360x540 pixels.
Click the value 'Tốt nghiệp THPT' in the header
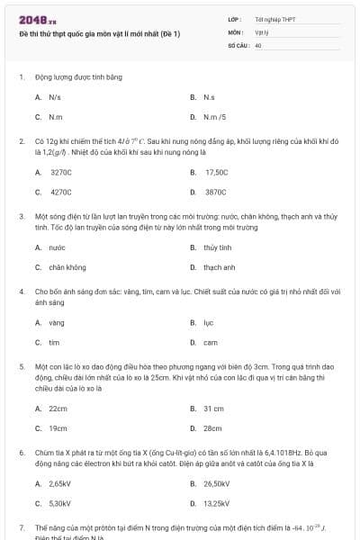click(x=274, y=19)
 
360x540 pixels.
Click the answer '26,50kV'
click(x=216, y=483)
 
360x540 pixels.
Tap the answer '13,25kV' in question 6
click(x=216, y=503)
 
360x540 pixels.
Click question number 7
click(x=22, y=526)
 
